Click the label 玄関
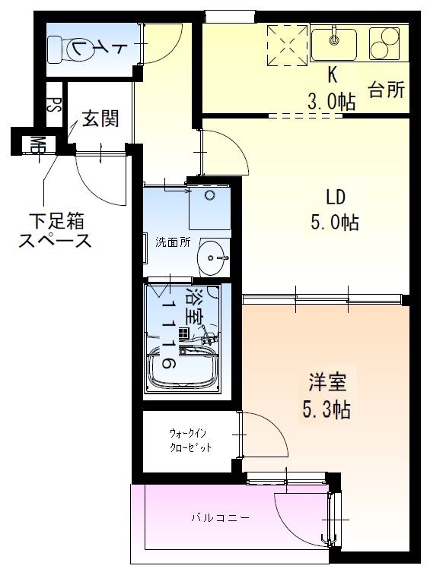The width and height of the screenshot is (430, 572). coord(99,119)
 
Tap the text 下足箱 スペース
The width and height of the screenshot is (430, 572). coord(55,232)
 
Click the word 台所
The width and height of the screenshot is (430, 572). coord(386,89)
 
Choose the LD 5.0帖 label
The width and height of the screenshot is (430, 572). coord(336,210)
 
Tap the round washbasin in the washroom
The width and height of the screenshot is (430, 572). coord(212,259)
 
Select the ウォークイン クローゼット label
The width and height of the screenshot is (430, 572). coord(190,441)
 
